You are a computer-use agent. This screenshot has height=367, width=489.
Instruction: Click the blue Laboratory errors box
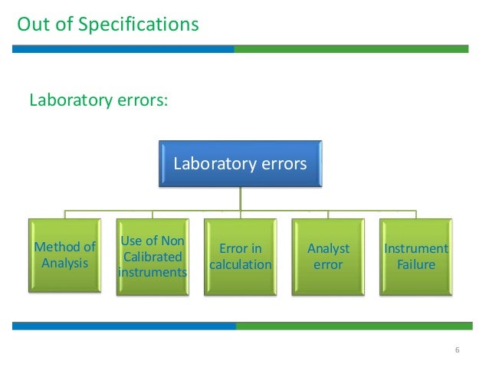pyautogui.click(x=240, y=163)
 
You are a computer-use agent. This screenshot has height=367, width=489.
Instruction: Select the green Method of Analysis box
pyautogui.click(x=64, y=256)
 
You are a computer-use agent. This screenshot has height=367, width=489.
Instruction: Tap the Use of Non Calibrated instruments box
pyautogui.click(x=152, y=256)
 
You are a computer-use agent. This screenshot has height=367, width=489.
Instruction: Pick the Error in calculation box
pyautogui.click(x=240, y=256)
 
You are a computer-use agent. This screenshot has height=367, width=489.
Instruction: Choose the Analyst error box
pyautogui.click(x=328, y=256)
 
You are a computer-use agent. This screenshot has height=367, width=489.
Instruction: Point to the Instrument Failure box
pyautogui.click(x=415, y=256)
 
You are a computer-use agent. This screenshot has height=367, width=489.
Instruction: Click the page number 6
pyautogui.click(x=457, y=351)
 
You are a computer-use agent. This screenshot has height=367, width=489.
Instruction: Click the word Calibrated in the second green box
pyautogui.click(x=152, y=257)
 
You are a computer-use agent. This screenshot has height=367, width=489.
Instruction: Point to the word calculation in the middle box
pyautogui.click(x=241, y=265)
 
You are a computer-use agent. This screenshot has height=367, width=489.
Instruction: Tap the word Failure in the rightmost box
pyautogui.click(x=415, y=265)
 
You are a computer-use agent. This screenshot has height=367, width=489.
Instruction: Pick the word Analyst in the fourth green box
pyautogui.click(x=328, y=248)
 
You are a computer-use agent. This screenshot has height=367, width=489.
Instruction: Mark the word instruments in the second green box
pyautogui.click(x=152, y=272)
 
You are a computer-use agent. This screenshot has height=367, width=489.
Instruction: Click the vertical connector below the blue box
pyautogui.click(x=241, y=198)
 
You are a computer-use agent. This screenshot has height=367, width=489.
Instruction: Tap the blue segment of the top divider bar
pyautogui.click(x=123, y=48)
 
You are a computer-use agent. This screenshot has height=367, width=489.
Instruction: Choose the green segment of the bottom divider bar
pyautogui.click(x=353, y=326)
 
